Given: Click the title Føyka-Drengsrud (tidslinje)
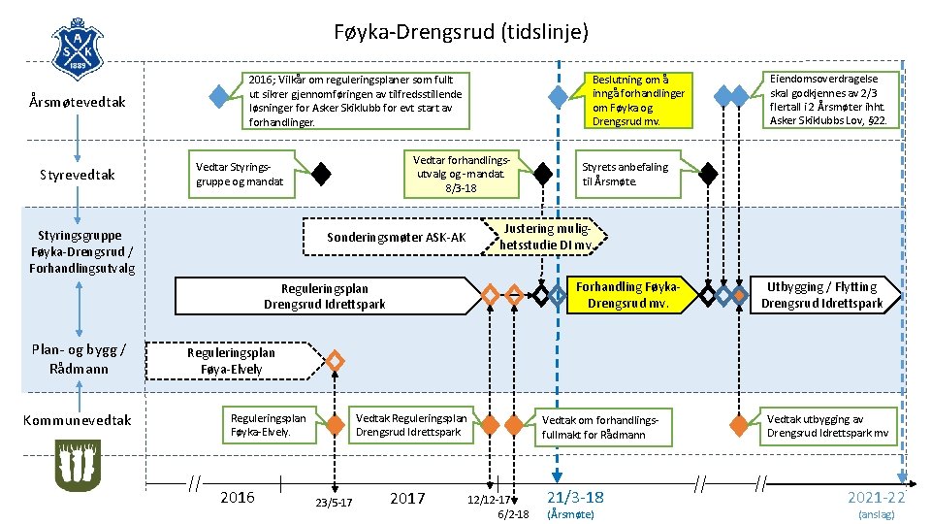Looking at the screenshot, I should click(461, 32).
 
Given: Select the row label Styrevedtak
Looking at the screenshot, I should click(78, 175).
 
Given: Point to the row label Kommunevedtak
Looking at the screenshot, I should click(78, 420).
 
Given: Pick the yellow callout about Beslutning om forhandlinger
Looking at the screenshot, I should click(640, 100).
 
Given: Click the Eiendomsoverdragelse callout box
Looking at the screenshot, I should click(834, 100).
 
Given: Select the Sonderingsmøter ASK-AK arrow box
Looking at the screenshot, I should click(398, 238).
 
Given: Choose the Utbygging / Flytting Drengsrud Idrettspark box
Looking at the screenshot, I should click(821, 295).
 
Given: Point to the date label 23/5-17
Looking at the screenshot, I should click(334, 502).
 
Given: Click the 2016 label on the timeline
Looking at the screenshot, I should click(238, 498).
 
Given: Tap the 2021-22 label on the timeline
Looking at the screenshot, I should click(876, 497).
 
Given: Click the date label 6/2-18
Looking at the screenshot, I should click(513, 513).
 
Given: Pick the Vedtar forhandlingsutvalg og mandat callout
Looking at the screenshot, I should click(462, 174).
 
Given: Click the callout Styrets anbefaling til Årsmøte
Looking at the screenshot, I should click(626, 174).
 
